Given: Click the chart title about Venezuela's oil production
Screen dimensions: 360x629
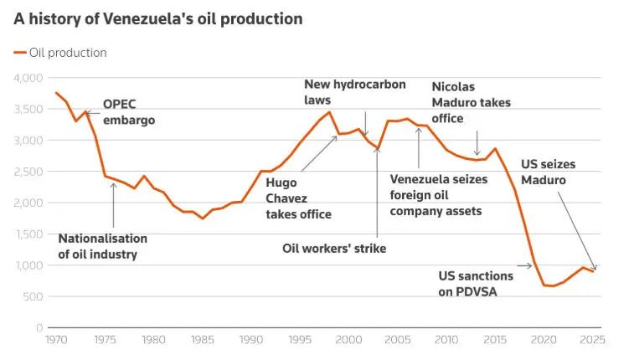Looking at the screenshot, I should pyautogui.click(x=158, y=18).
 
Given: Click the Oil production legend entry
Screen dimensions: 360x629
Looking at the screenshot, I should pyautogui.click(x=60, y=53).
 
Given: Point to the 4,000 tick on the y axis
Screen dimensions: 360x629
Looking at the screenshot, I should pyautogui.click(x=28, y=78).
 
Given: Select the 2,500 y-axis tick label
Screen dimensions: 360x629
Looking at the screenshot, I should pyautogui.click(x=28, y=172).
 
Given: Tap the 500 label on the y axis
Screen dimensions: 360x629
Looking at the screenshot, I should pyautogui.click(x=34, y=296).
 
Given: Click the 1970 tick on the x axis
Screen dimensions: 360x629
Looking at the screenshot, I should pyautogui.click(x=55, y=340).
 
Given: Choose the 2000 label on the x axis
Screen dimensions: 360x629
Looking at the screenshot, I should pyautogui.click(x=348, y=340).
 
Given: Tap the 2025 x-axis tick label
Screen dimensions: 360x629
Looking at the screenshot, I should pyautogui.click(x=592, y=340).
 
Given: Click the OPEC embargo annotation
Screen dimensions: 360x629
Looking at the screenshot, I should pyautogui.click(x=129, y=112).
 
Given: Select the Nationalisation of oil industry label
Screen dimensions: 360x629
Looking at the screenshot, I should pyautogui.click(x=102, y=246).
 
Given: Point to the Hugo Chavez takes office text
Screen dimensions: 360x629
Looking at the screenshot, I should pyautogui.click(x=299, y=198).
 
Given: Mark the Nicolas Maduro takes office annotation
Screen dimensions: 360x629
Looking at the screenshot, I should pyautogui.click(x=471, y=102).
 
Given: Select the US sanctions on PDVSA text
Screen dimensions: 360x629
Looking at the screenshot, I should pyautogui.click(x=476, y=283).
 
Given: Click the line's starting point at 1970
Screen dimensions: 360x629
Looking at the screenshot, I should pyautogui.click(x=56, y=93).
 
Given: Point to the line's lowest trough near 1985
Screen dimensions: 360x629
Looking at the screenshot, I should pyautogui.click(x=202, y=219).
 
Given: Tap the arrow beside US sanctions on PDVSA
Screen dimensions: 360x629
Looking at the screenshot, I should pyautogui.click(x=524, y=266).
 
